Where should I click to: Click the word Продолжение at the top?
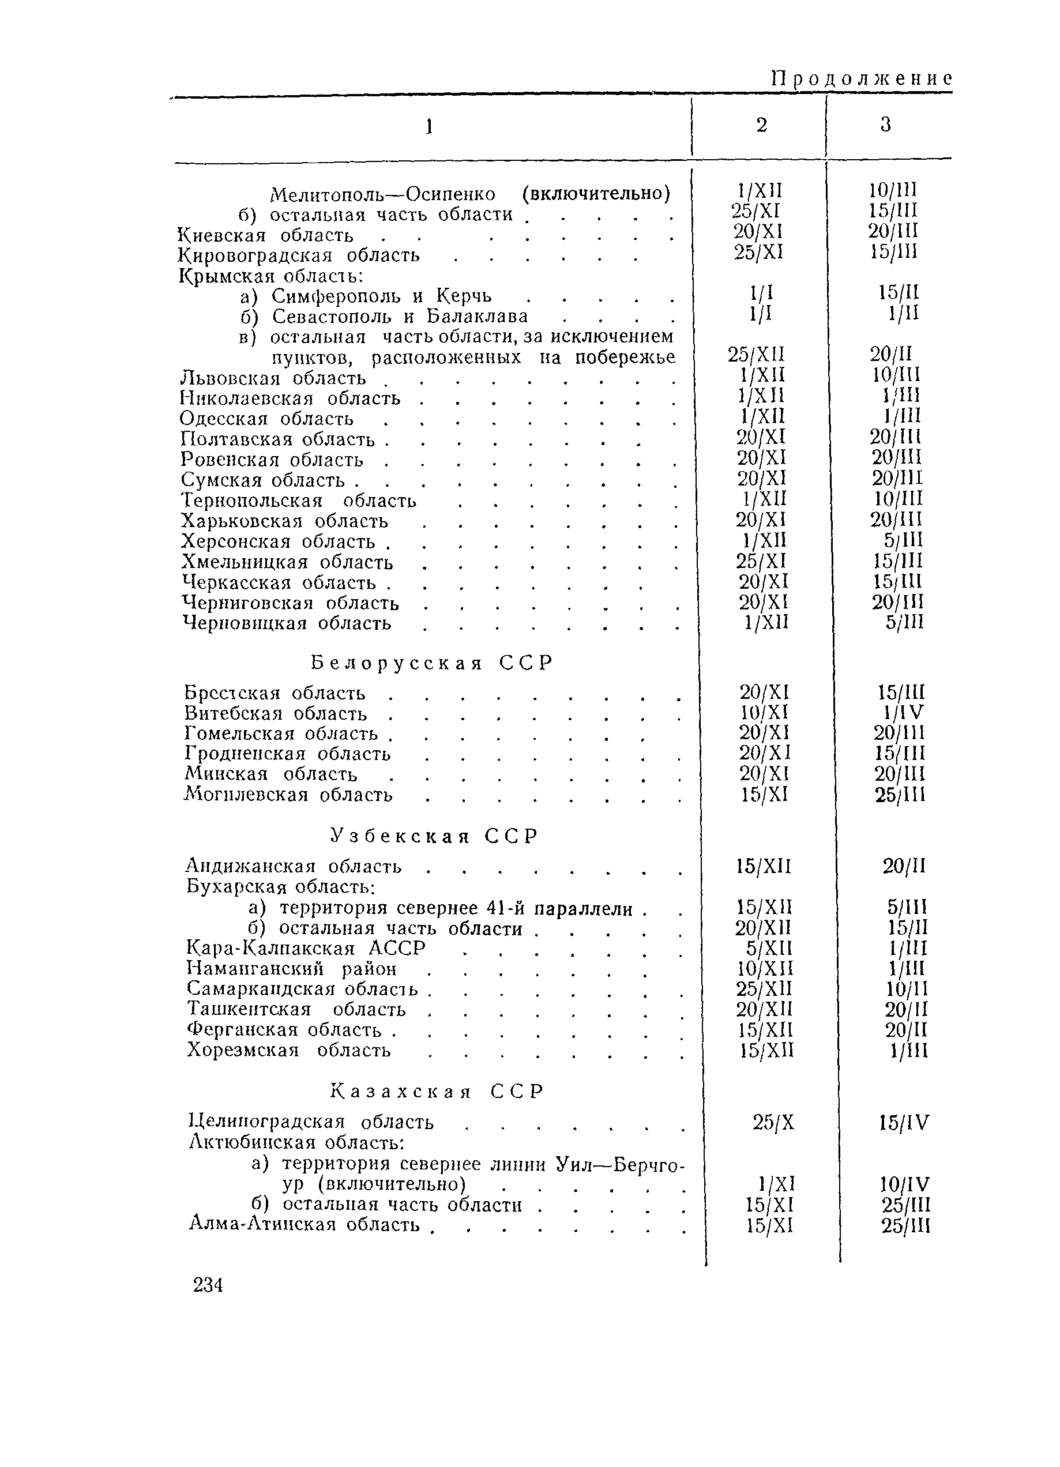click(x=862, y=79)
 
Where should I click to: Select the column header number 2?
click(x=761, y=125)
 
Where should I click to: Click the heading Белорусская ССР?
click(x=432, y=663)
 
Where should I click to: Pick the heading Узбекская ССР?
click(x=434, y=836)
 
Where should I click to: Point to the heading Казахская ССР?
click(x=437, y=1092)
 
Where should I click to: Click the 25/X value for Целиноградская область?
click(x=773, y=1122)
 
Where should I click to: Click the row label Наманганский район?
click(x=292, y=969)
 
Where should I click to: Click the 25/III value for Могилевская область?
click(x=900, y=795)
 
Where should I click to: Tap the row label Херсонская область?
click(x=279, y=541)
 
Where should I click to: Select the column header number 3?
click(x=885, y=125)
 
